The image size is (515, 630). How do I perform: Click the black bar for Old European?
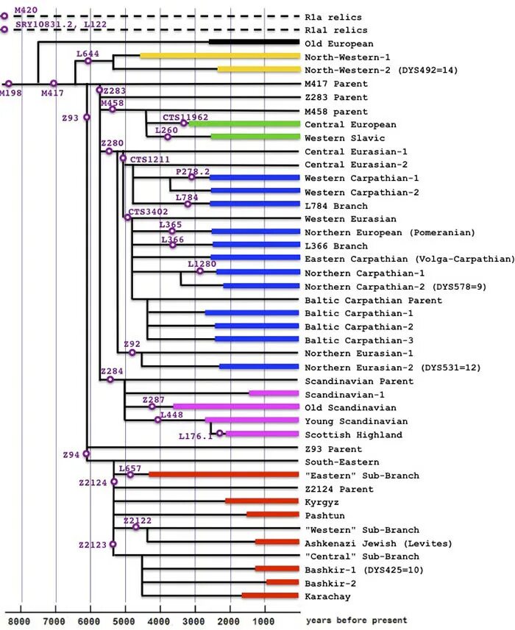[x=254, y=43]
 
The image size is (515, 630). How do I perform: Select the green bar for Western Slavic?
[x=255, y=137]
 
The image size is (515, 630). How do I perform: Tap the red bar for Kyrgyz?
[x=262, y=501]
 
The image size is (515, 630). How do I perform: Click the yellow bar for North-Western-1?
[x=220, y=56]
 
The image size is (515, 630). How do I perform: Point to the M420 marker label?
[x=26, y=10]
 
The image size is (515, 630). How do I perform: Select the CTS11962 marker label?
[x=185, y=117]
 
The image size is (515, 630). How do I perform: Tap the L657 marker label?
[x=129, y=468]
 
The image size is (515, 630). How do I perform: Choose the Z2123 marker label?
[x=93, y=545]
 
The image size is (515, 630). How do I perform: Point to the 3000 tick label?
[x=195, y=620]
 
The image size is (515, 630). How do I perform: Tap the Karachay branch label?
[x=327, y=597]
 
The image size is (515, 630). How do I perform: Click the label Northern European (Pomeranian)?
[x=390, y=232]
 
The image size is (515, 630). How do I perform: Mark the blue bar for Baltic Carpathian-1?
[x=252, y=313]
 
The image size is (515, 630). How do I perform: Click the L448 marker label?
[x=172, y=415]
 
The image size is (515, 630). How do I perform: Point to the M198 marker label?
[x=10, y=93]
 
